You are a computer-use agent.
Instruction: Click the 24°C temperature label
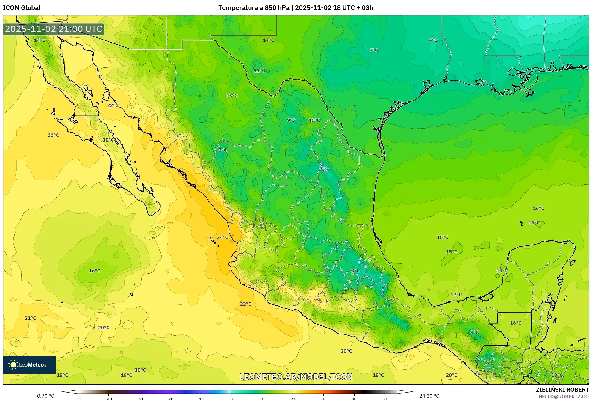pos(222,237)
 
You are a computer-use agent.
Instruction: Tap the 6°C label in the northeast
pos(433,40)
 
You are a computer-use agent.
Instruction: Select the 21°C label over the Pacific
pos(30,318)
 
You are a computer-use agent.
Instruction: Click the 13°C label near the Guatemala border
pos(557,375)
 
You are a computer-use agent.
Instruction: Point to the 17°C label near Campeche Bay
pos(456,295)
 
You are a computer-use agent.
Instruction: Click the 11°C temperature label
pos(259,70)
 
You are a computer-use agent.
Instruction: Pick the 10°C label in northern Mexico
pos(314,120)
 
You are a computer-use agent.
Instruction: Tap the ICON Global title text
pos(22,8)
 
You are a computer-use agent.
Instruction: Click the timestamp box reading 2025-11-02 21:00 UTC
pos(54,29)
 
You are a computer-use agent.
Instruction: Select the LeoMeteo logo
pos(29,365)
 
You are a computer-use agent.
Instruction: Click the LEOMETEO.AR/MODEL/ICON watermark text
pos(296,377)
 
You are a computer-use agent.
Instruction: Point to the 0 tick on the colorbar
pos(231,399)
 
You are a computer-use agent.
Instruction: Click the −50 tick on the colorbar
pos(78,399)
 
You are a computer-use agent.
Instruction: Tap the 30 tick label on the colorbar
pos(323,399)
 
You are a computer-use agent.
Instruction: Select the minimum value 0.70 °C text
pos(46,396)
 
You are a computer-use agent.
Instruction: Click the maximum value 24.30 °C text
pos(429,396)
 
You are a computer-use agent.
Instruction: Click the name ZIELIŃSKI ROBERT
pos(562,390)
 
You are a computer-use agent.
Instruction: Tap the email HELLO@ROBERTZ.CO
pos(564,397)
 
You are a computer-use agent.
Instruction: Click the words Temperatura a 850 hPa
pos(254,8)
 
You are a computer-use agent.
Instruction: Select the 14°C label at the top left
pos(40,40)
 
